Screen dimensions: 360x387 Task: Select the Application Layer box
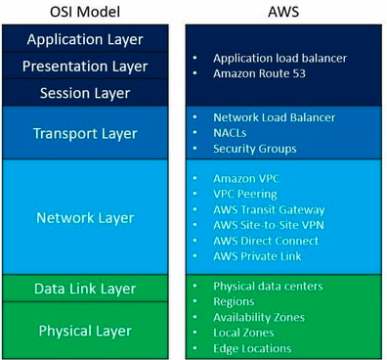click(85, 39)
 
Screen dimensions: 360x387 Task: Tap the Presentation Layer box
click(85, 67)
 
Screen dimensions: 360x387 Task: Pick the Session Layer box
click(85, 93)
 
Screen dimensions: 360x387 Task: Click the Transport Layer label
click(85, 132)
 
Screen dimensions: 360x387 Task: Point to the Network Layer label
click(85, 217)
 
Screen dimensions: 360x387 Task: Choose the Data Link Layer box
click(85, 289)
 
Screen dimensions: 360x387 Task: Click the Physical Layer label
click(85, 331)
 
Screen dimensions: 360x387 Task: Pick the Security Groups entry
click(253, 148)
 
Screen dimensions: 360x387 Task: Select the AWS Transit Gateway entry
click(268, 209)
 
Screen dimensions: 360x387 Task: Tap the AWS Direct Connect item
click(266, 241)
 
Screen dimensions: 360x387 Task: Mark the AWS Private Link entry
click(259, 256)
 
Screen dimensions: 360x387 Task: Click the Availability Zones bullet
click(258, 317)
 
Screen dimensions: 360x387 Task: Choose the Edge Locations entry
click(251, 348)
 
